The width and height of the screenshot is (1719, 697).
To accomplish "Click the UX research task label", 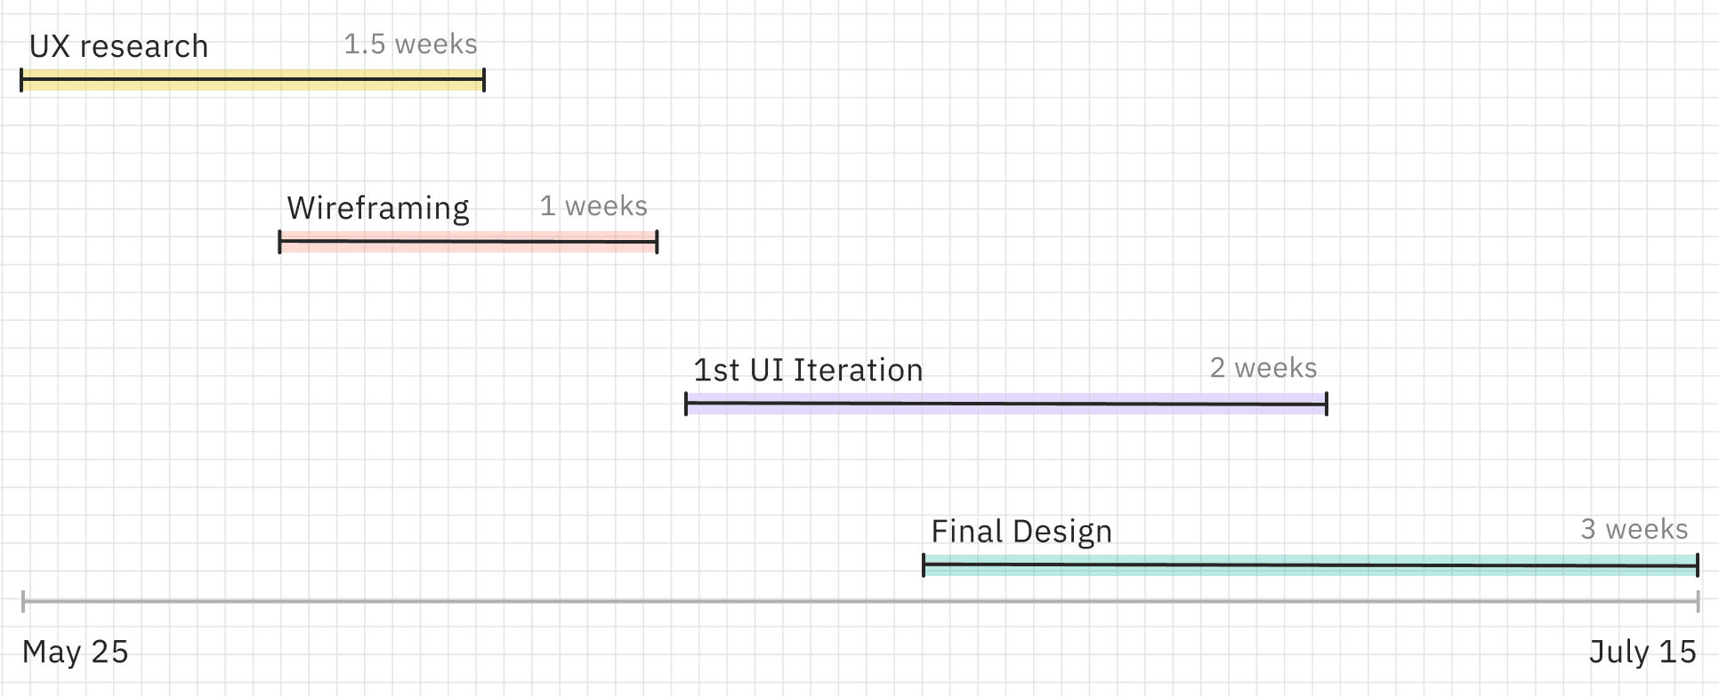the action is pyautogui.click(x=118, y=46).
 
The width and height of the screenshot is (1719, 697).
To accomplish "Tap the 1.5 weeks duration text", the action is pyautogui.click(x=410, y=44).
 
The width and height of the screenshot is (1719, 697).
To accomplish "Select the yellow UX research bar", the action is pyautogui.click(x=253, y=80).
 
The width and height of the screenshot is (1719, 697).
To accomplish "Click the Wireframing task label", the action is pyautogui.click(x=377, y=208).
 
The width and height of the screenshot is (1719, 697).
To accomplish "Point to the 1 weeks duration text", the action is pyautogui.click(x=593, y=206).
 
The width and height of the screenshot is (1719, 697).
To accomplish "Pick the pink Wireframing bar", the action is pyautogui.click(x=468, y=242).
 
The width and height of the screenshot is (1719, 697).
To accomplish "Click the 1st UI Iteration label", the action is pyautogui.click(x=808, y=370).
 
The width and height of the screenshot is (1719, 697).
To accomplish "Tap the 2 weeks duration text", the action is pyautogui.click(x=1263, y=368).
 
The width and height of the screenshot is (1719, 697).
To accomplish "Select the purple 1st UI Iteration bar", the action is pyautogui.click(x=1005, y=404).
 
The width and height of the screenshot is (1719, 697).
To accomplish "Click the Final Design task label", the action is pyautogui.click(x=1021, y=532).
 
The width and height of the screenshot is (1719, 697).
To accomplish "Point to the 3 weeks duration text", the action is pyautogui.click(x=1634, y=530).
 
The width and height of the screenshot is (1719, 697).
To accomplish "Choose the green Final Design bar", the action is pyautogui.click(x=1310, y=565).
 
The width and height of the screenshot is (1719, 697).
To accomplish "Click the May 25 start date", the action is pyautogui.click(x=76, y=652).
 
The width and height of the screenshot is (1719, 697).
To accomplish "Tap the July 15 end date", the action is pyautogui.click(x=1642, y=652).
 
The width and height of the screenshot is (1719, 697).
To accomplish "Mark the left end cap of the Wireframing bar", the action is pyautogui.click(x=280, y=242).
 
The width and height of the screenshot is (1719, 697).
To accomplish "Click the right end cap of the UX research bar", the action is pyautogui.click(x=484, y=80).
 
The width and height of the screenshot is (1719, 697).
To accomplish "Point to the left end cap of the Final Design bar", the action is pyautogui.click(x=924, y=565).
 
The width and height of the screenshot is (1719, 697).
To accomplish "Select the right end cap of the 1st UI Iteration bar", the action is pyautogui.click(x=1327, y=404).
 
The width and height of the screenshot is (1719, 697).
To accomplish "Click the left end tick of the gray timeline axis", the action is pyautogui.click(x=23, y=602).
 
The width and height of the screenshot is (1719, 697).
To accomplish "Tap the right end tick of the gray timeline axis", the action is pyautogui.click(x=1698, y=602).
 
